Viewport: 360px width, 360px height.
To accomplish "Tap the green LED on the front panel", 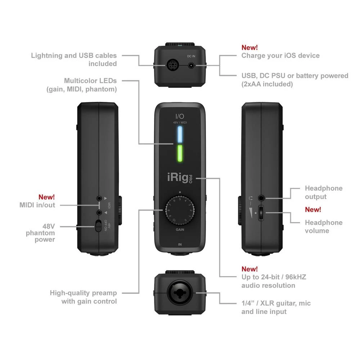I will pyautogui.click(x=180, y=154).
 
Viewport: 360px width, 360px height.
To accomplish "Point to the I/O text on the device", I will pyautogui.click(x=180, y=116).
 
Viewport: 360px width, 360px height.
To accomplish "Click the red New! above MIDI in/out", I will pyautogui.click(x=46, y=197).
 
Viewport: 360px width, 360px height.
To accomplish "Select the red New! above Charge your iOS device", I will pyautogui.click(x=249, y=48).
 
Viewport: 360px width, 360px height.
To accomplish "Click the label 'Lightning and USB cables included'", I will pyautogui.click(x=74, y=59).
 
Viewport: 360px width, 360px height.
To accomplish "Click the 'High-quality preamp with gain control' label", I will pyautogui.click(x=83, y=297).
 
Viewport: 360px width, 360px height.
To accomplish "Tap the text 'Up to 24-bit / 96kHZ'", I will pyautogui.click(x=273, y=277).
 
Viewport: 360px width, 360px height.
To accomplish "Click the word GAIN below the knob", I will pyautogui.click(x=180, y=229).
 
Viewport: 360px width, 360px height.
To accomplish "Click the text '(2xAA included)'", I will pyautogui.click(x=267, y=84).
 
